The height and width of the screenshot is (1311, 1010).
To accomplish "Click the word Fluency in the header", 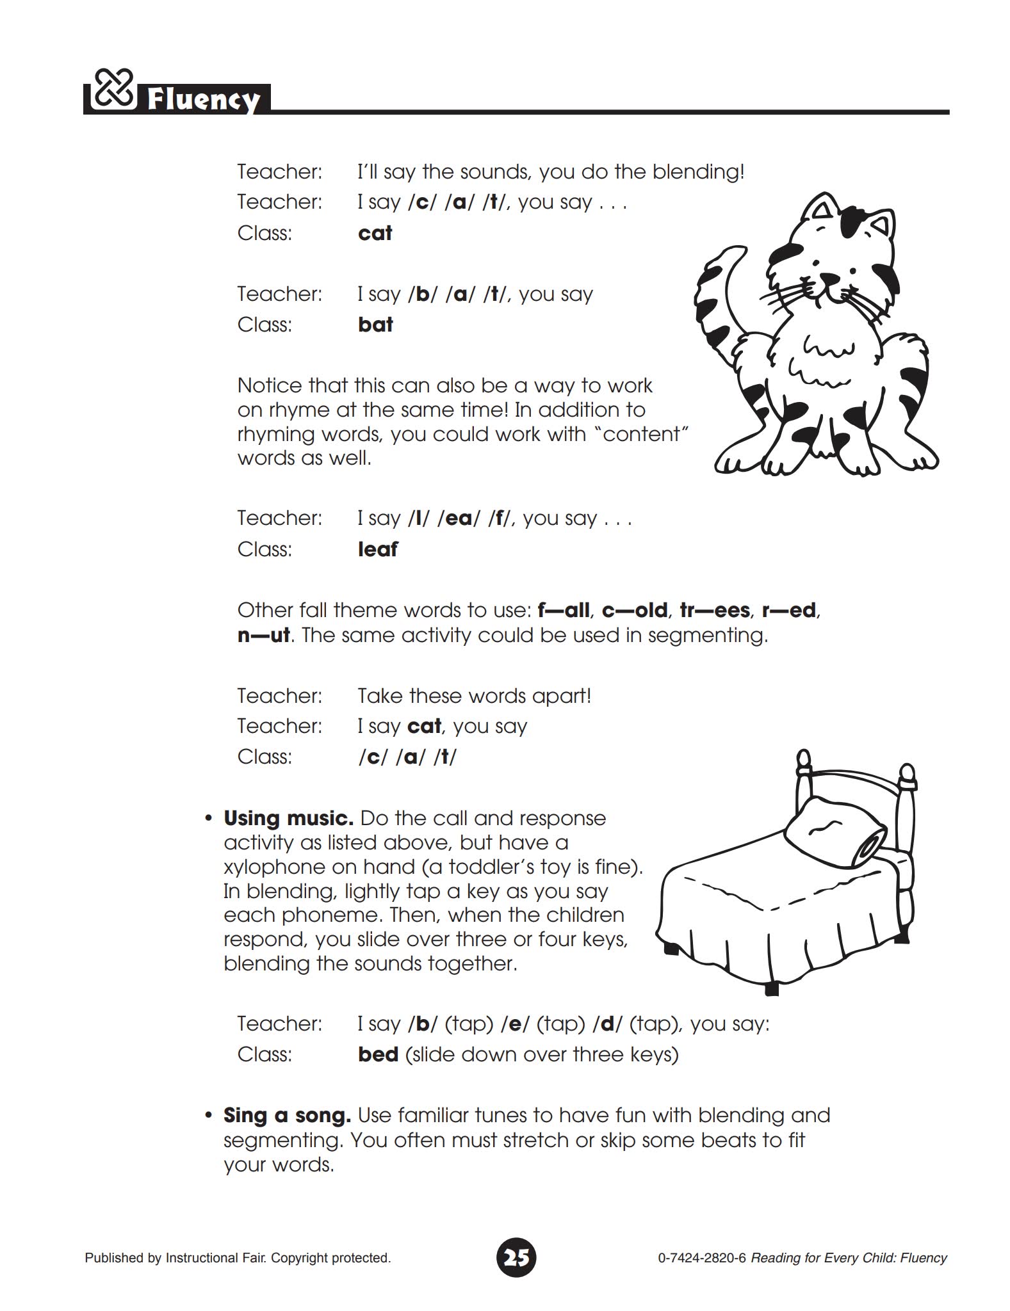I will (204, 100).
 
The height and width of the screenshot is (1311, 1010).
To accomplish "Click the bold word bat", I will (375, 325).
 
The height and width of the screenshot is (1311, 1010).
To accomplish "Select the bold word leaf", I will (378, 549).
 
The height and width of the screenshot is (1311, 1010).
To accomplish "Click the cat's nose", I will (831, 277).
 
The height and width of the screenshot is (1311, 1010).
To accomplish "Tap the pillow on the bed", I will (836, 832).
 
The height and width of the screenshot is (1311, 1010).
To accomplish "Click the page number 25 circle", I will (516, 1257).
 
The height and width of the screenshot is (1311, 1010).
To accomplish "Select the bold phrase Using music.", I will (288, 818).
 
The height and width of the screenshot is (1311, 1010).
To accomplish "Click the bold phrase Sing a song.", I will (287, 1115).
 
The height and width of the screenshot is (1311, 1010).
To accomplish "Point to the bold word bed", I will (379, 1054).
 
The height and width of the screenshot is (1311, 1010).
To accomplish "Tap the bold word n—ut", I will (264, 635).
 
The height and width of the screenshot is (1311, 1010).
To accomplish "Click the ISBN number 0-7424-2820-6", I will (702, 1258).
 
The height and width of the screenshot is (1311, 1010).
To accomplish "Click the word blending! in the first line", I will (698, 172).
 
